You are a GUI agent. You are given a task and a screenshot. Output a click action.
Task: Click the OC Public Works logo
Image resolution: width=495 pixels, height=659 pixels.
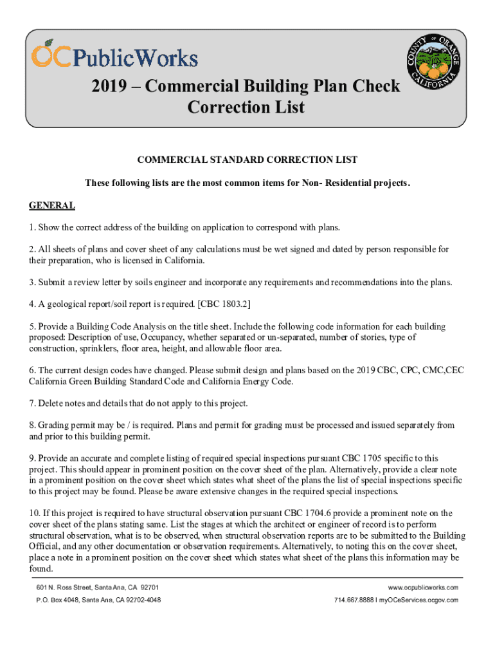(114, 55)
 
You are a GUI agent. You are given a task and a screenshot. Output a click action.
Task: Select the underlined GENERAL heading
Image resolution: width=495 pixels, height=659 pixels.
(52, 206)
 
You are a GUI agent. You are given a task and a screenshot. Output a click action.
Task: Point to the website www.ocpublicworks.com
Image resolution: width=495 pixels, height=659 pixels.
(423, 588)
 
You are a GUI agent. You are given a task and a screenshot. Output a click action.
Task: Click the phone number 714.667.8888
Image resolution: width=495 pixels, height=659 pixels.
(355, 600)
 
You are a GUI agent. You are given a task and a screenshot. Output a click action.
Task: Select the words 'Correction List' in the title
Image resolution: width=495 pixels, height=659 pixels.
(246, 107)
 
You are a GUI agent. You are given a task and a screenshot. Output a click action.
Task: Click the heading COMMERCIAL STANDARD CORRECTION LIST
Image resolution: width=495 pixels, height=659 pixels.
(248, 160)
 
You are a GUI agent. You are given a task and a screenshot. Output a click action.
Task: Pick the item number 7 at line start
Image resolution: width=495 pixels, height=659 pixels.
(32, 404)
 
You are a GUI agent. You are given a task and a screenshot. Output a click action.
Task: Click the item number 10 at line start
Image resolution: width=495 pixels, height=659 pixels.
(34, 513)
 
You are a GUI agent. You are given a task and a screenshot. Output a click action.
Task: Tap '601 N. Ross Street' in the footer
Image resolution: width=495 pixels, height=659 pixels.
(64, 588)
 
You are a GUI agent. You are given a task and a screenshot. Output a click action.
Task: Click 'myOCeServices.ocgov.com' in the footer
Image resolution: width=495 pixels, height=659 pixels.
(419, 600)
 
